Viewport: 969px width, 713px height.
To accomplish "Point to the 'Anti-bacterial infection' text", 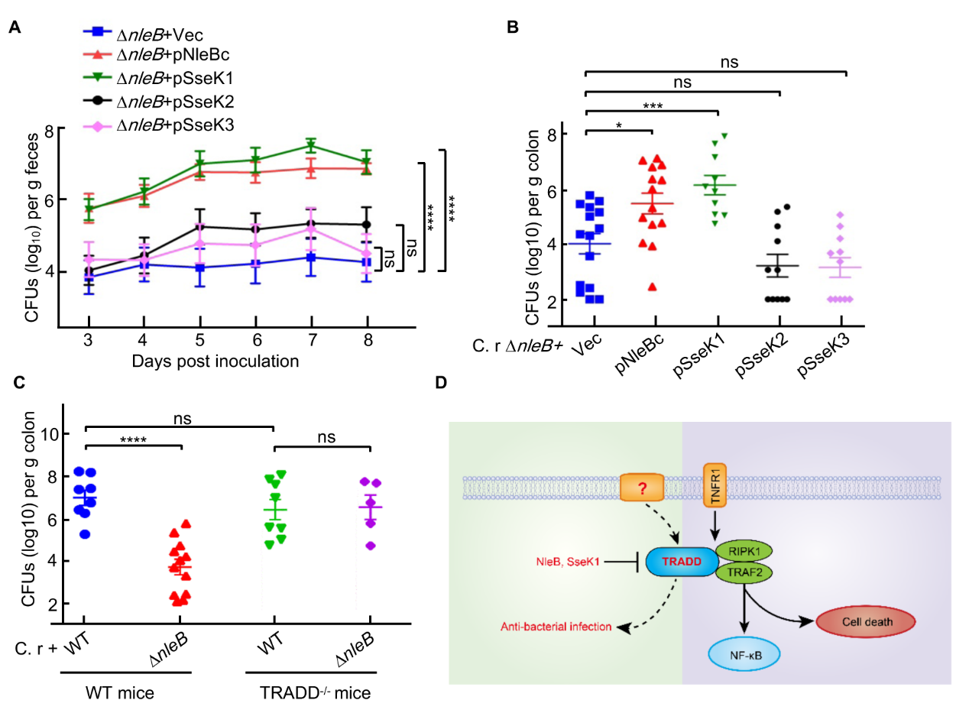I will [556, 627].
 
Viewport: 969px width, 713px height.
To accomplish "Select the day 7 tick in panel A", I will [311, 339].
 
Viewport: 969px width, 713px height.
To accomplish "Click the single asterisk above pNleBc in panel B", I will [617, 123].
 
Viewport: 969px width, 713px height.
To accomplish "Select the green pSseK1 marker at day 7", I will [311, 145].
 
